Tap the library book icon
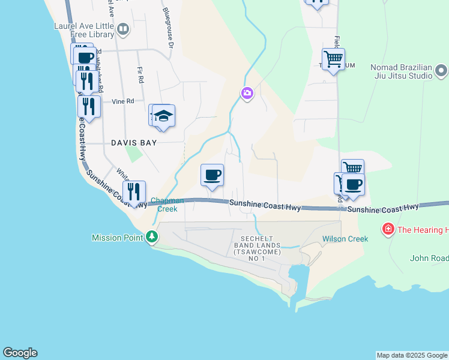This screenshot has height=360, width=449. (x=123, y=29)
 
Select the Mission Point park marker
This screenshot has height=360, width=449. (x=152, y=238)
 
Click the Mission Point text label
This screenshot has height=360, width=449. (x=118, y=238)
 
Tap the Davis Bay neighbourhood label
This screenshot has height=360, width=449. (x=134, y=143)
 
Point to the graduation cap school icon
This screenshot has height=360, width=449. (x=163, y=115)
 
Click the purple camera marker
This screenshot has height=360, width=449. (x=247, y=93)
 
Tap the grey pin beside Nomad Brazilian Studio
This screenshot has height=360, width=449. (x=441, y=72)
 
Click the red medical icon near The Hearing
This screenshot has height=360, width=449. (x=388, y=229)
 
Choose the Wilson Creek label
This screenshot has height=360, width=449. (x=345, y=239)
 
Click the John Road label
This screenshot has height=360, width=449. (x=429, y=259)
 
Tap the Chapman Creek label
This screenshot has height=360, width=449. (x=167, y=205)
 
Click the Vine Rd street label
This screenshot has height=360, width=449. (x=122, y=101)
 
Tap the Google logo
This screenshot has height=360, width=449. (x=20, y=353)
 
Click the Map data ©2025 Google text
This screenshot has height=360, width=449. (x=411, y=355)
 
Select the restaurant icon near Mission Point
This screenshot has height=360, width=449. (x=134, y=192)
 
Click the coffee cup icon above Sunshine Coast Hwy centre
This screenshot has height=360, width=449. (x=212, y=175)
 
